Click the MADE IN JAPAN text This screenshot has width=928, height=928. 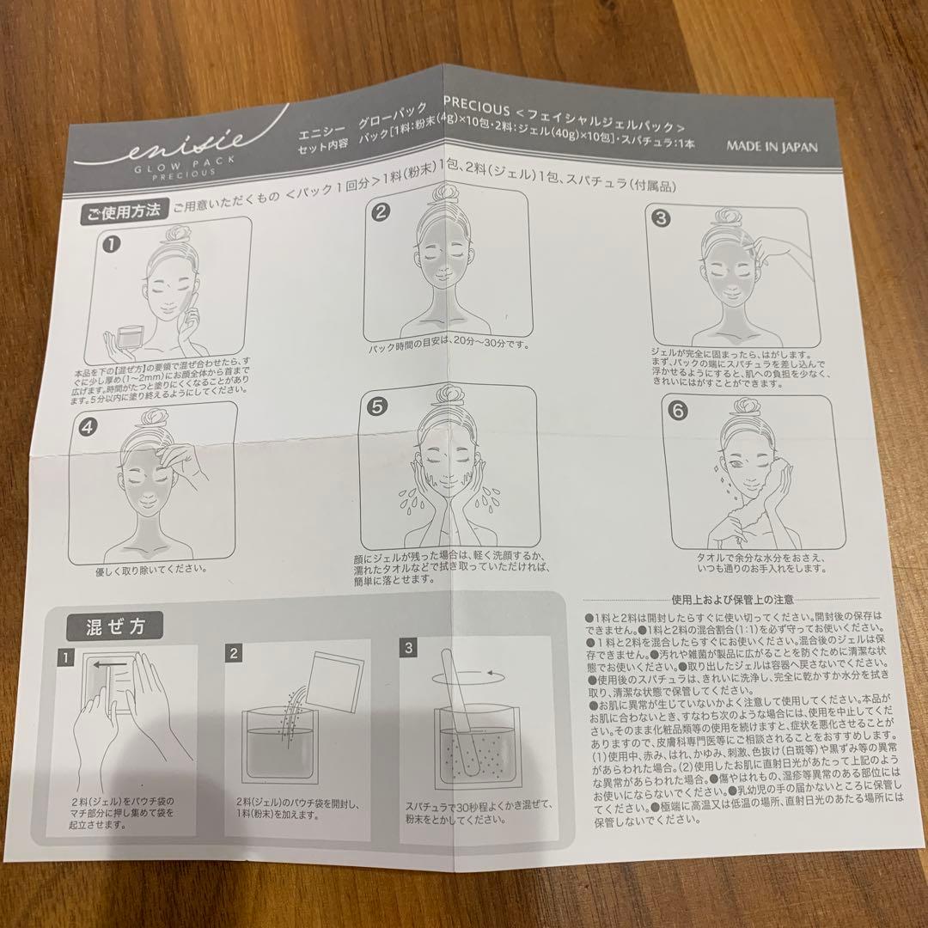pyautogui.click(x=772, y=146)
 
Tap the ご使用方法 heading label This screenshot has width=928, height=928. pyautogui.click(x=122, y=214)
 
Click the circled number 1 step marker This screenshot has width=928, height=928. pyautogui.click(x=111, y=244)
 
